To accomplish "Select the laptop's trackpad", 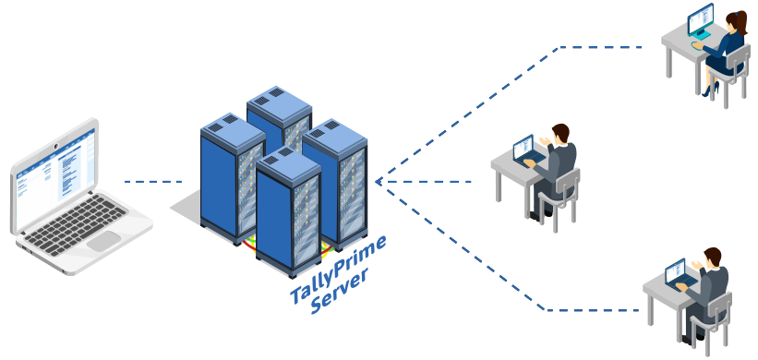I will coord(102,242).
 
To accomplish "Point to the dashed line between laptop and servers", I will coord(152,182).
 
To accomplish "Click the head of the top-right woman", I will coord(736,21).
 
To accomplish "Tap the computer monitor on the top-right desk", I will coord(701,18).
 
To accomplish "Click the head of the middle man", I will coord(559,134).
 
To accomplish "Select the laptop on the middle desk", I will coord(524,150).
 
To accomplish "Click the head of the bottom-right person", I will coord(712,258).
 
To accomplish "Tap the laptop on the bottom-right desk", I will coord(677,272).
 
